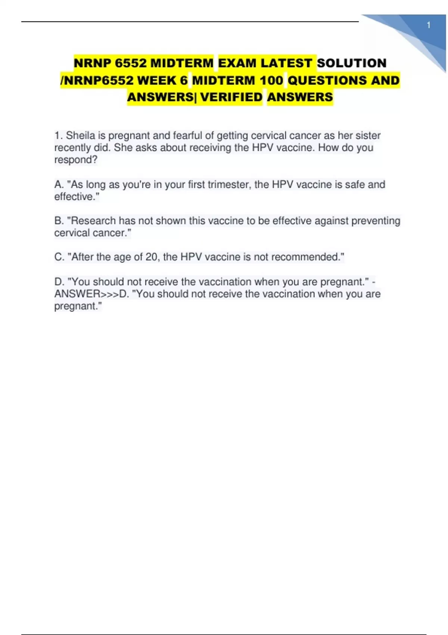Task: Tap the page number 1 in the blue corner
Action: [x=429, y=25]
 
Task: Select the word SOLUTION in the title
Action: [x=352, y=63]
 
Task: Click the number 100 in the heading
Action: [x=271, y=80]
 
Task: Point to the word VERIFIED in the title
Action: [x=231, y=97]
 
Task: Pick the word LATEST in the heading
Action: [x=286, y=63]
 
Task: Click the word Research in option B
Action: [x=93, y=221]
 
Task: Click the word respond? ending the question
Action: [x=76, y=160]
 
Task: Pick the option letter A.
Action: [x=59, y=185]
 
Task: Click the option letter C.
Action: [x=59, y=257]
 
